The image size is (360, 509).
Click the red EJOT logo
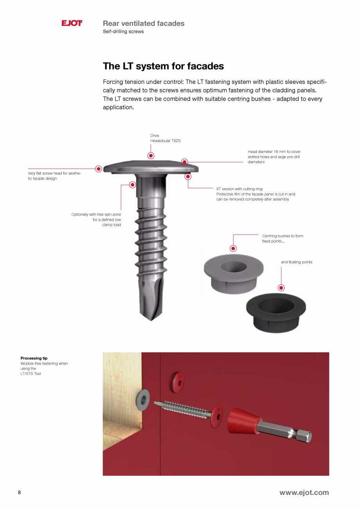(x=72, y=23)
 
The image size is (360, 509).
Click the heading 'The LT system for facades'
(x=163, y=66)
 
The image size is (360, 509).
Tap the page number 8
(x=19, y=493)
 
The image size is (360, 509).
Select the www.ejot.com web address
(x=304, y=493)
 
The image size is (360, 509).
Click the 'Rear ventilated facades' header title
(x=144, y=23)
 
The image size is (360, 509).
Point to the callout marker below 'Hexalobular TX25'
(x=151, y=156)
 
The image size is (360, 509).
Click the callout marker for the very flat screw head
(x=99, y=169)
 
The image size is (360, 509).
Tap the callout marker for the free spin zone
(x=133, y=185)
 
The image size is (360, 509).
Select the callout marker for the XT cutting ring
(x=188, y=176)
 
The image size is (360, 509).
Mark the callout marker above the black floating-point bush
(x=281, y=288)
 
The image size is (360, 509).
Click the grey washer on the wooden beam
(x=143, y=399)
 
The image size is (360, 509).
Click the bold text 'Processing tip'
(x=34, y=358)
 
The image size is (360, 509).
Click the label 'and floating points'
(x=296, y=262)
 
